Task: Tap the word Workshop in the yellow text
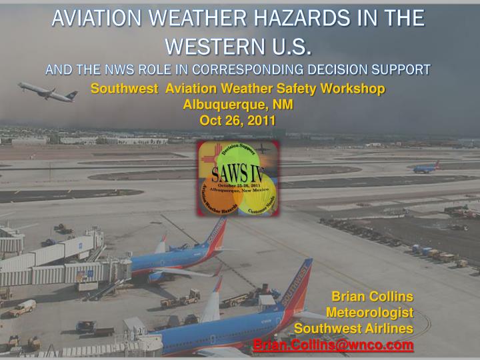(x=355, y=89)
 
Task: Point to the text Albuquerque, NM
(x=237, y=104)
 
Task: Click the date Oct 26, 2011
(x=237, y=119)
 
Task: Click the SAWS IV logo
(x=238, y=178)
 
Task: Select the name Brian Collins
(x=372, y=296)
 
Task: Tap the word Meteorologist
(x=369, y=312)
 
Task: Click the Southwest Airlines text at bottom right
(x=353, y=328)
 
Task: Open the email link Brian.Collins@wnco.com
(x=333, y=345)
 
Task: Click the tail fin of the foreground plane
(x=299, y=284)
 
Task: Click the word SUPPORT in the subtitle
(x=402, y=69)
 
